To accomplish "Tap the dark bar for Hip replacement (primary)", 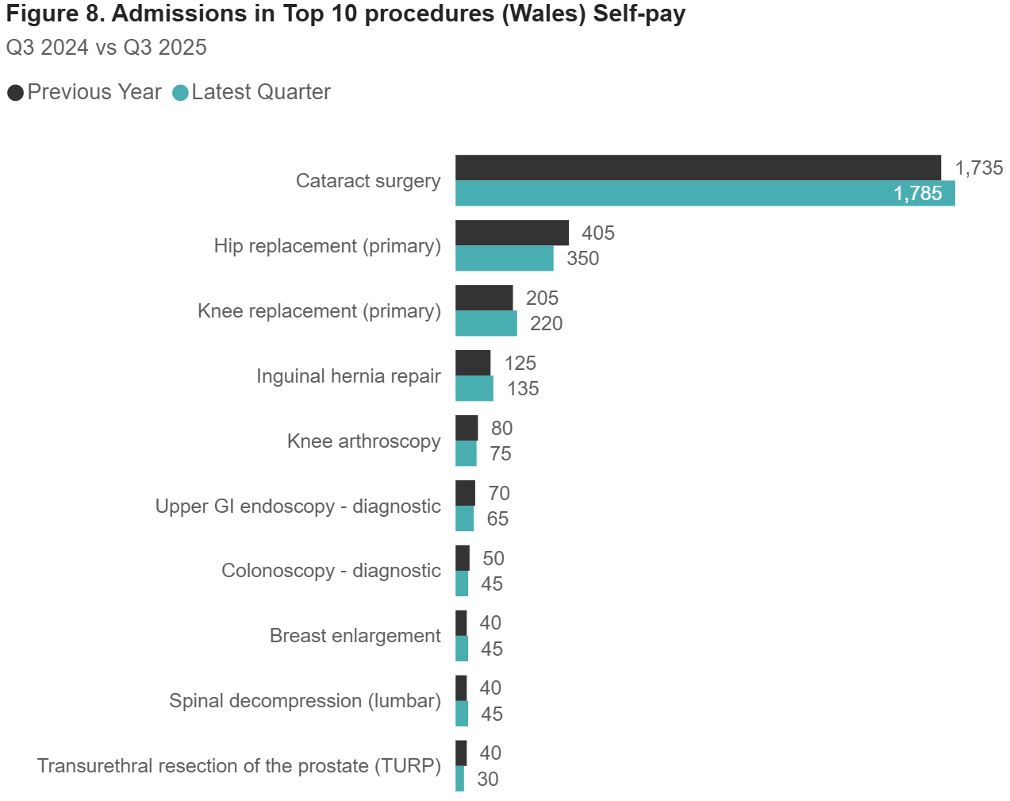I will point(512,233).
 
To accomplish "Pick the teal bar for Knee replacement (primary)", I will point(486,323).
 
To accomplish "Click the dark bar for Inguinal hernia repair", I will point(473,363).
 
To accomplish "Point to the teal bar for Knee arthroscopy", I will point(466,453).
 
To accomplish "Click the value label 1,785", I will point(917,194).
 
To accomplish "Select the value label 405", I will point(598,233).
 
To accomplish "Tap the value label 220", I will point(546,323).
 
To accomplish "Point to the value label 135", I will point(523,388).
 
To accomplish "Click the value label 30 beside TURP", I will point(488,779).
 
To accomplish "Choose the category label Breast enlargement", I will point(355,636).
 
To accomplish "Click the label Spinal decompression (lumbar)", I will point(305,701).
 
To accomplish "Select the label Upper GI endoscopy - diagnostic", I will point(298,506).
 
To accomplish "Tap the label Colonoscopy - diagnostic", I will point(331,571).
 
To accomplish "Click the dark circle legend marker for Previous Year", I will point(15,93).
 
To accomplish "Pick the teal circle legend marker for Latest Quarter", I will point(180,93).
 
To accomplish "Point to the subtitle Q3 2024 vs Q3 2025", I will point(106,48).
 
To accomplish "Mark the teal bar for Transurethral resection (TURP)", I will point(459,779).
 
